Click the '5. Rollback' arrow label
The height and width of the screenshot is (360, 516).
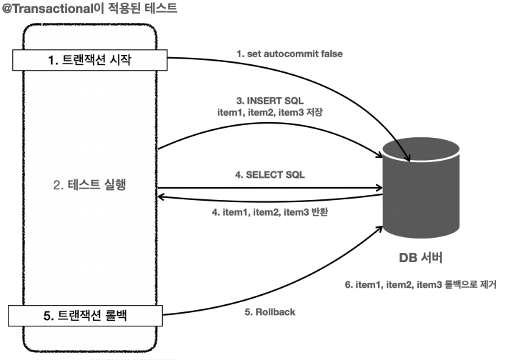[265, 312]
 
